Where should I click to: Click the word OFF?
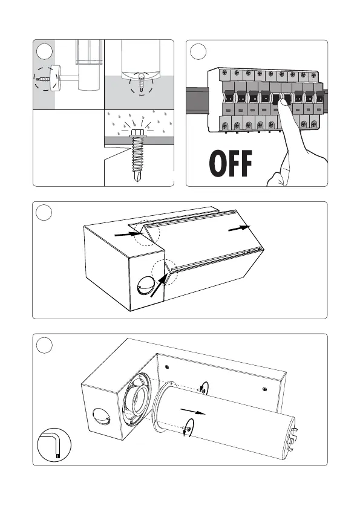231,163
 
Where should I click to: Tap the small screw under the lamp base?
142,80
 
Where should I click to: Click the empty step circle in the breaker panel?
198,51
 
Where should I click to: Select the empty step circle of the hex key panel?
44,345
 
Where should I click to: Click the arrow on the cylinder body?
192,411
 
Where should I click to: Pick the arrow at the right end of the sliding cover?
239,228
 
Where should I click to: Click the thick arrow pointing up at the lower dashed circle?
160,285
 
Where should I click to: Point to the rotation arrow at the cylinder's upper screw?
205,387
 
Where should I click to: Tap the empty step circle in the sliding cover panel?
44,213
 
